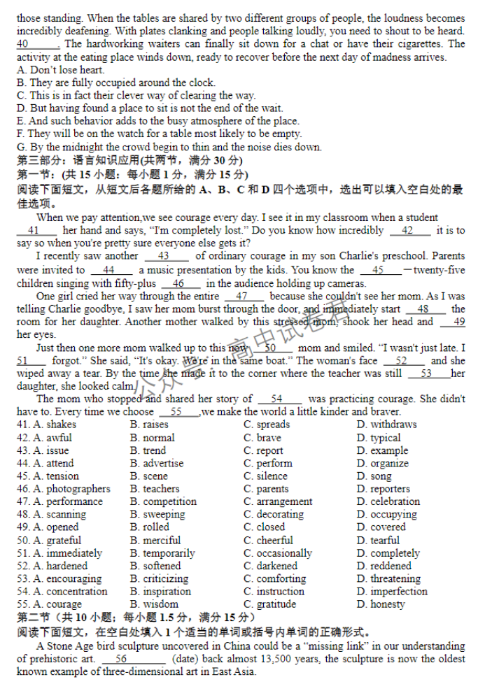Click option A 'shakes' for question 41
click(x=61, y=425)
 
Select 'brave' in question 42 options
click(x=269, y=438)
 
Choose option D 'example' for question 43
click(x=389, y=450)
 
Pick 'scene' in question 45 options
click(x=155, y=476)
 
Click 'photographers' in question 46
click(x=78, y=489)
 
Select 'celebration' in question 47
click(x=395, y=501)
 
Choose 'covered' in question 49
click(x=388, y=527)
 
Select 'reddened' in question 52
click(x=391, y=566)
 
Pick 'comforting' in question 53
click(x=281, y=578)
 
